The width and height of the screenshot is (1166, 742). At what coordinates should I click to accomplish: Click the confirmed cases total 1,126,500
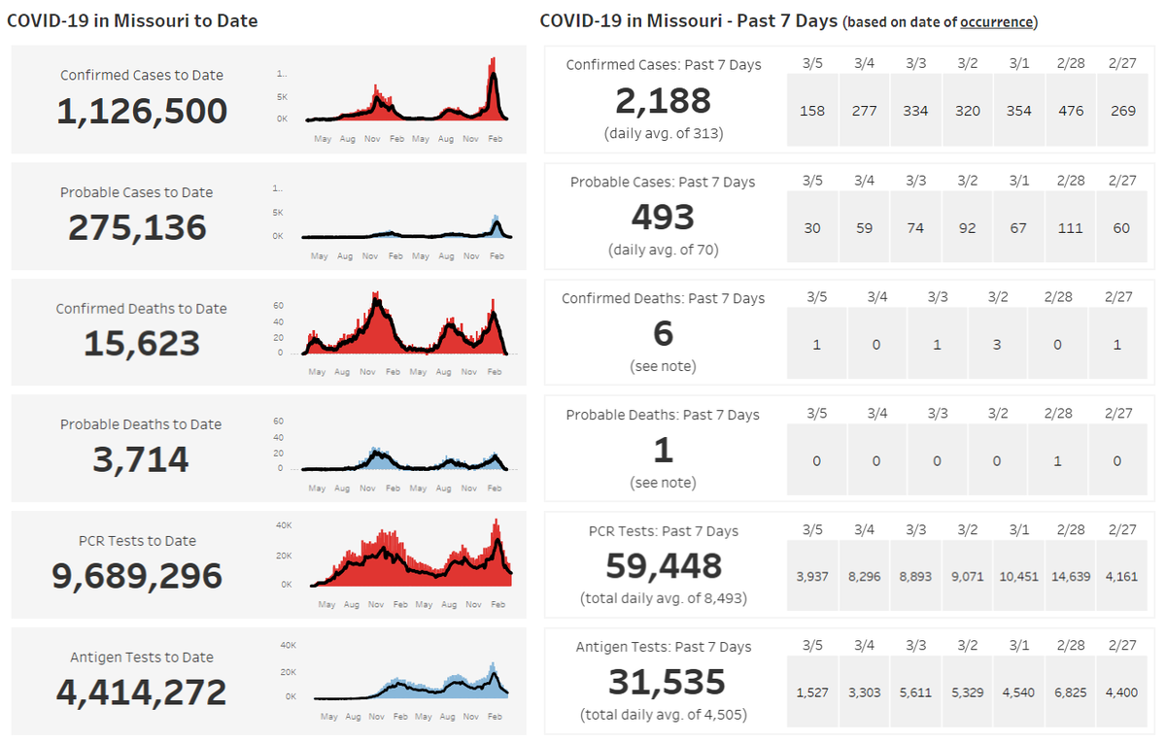click(142, 112)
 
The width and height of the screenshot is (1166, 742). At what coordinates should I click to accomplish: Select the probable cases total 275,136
click(137, 227)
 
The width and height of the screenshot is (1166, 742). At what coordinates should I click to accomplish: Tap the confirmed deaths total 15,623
click(142, 344)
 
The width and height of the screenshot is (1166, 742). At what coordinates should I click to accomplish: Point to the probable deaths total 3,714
click(141, 459)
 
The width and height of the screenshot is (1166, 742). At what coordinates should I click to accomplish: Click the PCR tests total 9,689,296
click(137, 576)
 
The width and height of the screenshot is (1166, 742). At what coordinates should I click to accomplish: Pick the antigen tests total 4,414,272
click(141, 692)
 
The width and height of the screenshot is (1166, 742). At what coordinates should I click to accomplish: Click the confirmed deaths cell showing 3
click(997, 345)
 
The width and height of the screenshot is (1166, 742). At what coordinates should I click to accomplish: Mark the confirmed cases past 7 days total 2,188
click(663, 101)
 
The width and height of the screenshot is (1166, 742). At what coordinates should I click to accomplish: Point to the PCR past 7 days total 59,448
click(663, 566)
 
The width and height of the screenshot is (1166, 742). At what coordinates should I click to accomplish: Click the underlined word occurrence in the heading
click(997, 22)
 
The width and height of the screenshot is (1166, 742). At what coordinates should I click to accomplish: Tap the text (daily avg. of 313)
click(664, 133)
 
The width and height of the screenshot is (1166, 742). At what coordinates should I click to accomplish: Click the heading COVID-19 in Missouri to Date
click(133, 20)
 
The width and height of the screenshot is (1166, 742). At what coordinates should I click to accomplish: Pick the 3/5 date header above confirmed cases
click(812, 64)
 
